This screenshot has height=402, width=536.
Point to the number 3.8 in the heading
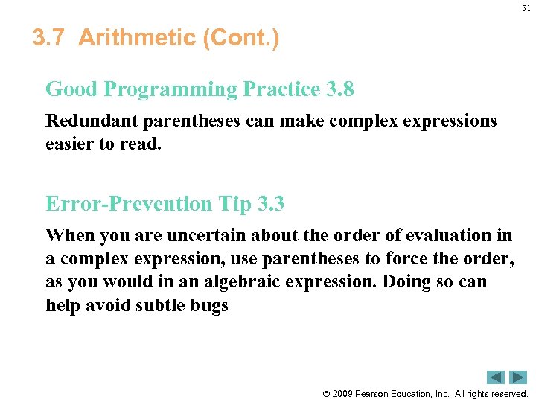pos(340,89)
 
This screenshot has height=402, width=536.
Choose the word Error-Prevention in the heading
pos(128,203)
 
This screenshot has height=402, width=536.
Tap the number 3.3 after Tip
pos(269,203)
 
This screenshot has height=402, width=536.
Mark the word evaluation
pos(446,236)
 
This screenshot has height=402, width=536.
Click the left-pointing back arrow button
pos(496,377)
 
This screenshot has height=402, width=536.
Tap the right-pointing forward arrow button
pos(518,377)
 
